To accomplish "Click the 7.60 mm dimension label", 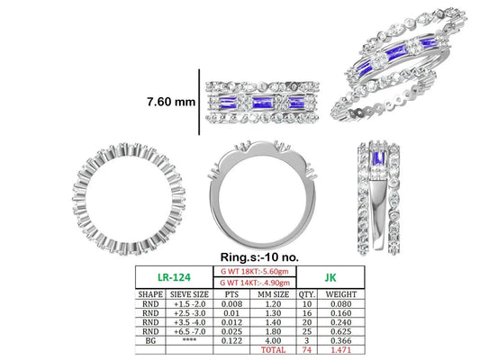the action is click(x=171, y=102).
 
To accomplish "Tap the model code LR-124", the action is click(x=174, y=277).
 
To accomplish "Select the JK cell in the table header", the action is click(x=331, y=277).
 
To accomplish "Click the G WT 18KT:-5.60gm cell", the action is click(x=254, y=271).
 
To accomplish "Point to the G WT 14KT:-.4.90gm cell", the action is click(x=254, y=283).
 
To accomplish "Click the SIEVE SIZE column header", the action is click(x=189, y=294).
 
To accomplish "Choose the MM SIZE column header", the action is click(x=273, y=294).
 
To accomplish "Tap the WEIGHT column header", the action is click(x=341, y=294).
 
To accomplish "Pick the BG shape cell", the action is click(x=150, y=340).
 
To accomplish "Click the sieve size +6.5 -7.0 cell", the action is click(x=189, y=331).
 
